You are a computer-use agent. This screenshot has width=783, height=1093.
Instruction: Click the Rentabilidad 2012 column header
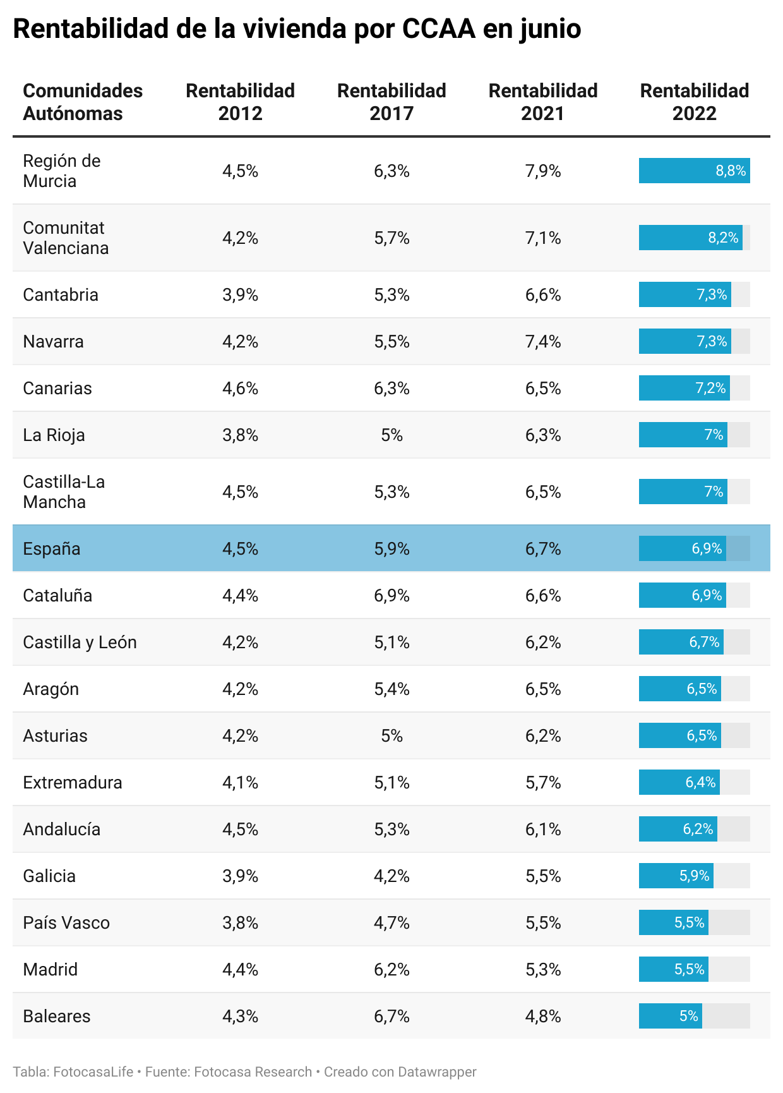tap(240, 102)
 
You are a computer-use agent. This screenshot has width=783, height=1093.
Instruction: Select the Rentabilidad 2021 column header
tap(543, 102)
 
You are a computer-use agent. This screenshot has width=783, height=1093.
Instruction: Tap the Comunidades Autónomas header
tap(83, 102)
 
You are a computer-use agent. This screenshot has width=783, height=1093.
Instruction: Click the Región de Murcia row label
tap(62, 171)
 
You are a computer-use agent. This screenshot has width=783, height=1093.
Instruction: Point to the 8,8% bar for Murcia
tap(694, 171)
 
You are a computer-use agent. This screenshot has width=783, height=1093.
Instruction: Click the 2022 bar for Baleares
tap(671, 1016)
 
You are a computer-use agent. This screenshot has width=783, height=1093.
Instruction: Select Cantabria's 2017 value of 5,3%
tap(391, 295)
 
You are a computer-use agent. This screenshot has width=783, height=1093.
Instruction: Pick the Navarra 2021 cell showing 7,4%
tap(543, 342)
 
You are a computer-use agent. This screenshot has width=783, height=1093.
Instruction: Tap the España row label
tap(52, 548)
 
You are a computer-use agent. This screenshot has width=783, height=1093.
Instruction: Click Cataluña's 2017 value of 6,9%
tap(391, 596)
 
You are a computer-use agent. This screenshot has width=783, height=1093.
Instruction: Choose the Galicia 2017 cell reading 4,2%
tap(391, 876)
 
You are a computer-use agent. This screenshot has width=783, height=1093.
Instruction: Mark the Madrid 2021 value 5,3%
tap(543, 970)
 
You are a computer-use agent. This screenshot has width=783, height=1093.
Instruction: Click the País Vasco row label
tap(66, 923)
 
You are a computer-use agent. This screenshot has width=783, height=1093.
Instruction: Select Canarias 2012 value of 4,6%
tap(240, 389)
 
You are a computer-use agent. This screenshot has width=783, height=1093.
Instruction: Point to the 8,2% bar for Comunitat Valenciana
tap(690, 238)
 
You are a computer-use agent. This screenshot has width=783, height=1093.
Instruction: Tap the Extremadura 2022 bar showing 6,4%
tap(679, 782)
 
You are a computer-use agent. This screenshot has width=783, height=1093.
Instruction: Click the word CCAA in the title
tap(438, 29)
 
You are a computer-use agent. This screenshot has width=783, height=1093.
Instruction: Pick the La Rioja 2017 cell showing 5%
tap(391, 435)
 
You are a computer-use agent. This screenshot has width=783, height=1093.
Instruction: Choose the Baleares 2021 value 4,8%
tap(543, 1017)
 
